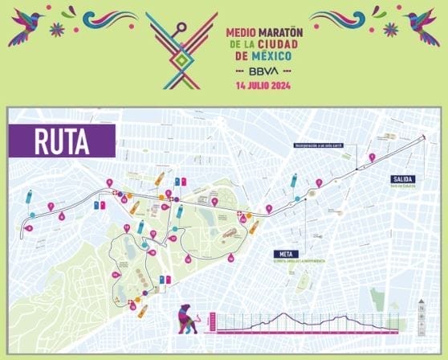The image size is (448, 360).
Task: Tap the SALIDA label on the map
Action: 402,178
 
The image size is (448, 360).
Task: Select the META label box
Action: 279,254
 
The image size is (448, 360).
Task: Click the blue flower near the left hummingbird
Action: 56,29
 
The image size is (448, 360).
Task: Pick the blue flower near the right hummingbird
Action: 391,29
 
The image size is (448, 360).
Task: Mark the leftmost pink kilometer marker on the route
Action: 28,228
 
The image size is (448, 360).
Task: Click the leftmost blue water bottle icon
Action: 29,196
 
